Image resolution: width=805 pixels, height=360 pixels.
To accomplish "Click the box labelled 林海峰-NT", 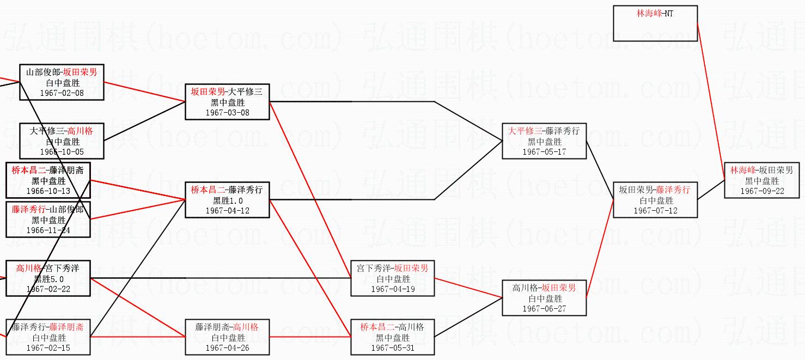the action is click(655, 23).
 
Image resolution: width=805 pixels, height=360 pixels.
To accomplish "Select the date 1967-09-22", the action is click(761, 191).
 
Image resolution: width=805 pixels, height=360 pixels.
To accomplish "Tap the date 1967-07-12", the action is click(655, 211).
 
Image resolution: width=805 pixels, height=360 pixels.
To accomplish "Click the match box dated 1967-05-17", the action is click(544, 141).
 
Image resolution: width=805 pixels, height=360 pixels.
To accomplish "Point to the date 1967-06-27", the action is click(544, 309).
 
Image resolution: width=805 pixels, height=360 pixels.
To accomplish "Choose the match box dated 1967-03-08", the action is click(227, 102).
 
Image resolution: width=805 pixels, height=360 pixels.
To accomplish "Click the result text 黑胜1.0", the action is click(227, 200).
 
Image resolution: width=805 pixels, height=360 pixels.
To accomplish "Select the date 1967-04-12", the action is click(227, 211).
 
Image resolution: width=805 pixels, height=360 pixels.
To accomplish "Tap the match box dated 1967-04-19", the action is click(392, 278).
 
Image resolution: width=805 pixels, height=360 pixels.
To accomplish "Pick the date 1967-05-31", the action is click(392, 348).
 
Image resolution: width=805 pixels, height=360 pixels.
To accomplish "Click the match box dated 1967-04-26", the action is click(227, 337).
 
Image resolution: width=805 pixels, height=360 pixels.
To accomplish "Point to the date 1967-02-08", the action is click(62, 93).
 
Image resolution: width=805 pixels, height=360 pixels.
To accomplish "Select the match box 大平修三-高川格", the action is click(62, 141).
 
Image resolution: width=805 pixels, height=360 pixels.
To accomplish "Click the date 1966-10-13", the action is click(48, 191).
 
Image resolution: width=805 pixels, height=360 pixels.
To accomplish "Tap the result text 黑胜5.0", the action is click(48, 279).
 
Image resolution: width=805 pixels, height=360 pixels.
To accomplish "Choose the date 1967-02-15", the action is click(48, 348).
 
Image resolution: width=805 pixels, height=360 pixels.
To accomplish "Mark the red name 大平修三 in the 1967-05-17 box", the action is click(525, 131).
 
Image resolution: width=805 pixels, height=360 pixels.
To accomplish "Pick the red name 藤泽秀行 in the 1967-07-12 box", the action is click(673, 190).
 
